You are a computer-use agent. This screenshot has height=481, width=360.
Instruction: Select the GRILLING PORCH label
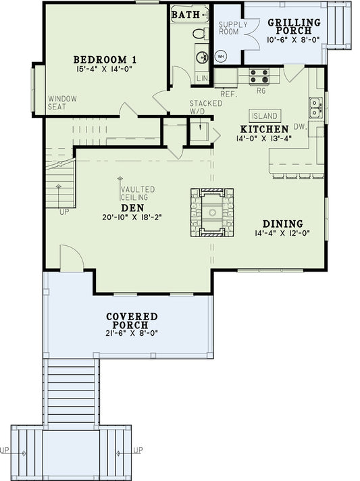coord(294,26)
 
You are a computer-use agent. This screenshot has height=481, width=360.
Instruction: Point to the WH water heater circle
coord(220,57)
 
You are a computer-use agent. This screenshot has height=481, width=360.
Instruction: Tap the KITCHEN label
coord(265,128)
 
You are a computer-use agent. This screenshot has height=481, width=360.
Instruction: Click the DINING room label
coord(283,224)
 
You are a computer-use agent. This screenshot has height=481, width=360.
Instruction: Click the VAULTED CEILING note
coord(138,193)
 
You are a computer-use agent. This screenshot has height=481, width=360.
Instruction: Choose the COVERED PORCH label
coord(132,321)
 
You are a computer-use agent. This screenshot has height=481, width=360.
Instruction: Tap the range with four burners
coord(258,75)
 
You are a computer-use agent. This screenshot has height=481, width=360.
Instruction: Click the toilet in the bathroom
coord(200,32)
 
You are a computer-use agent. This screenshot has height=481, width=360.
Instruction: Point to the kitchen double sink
coord(315,105)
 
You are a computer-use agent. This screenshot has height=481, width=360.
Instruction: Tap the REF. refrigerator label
coord(228,95)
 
